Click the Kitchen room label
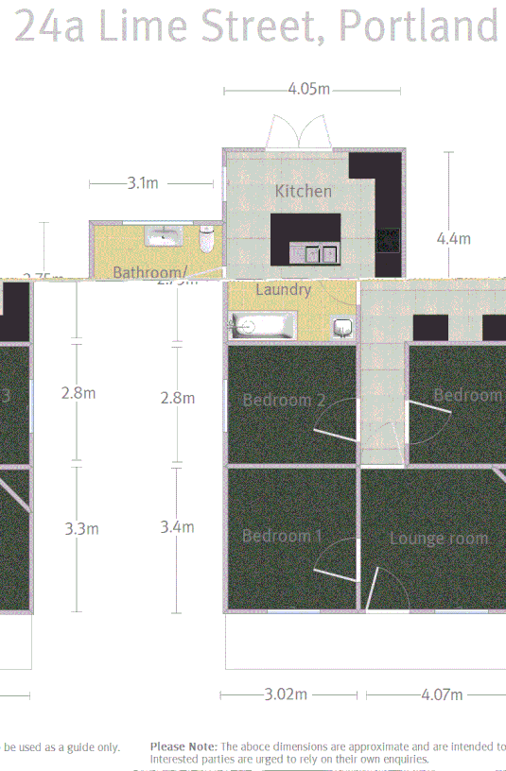pos(304,191)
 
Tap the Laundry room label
pos(283,290)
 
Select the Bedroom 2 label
pos(284,400)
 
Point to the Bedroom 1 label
pos(282,536)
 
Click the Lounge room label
pos(439,539)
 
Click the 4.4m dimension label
pos(453,239)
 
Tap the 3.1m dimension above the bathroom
pos(143,183)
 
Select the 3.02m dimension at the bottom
pos(287,694)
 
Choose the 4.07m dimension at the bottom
pos(443,694)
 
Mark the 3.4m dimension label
pos(177,527)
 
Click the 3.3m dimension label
pos(81,528)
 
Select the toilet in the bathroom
pos(208,238)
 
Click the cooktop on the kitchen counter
pos(388,240)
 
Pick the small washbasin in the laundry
pos(344,328)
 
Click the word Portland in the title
pos(418,27)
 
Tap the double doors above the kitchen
pos(300,132)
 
